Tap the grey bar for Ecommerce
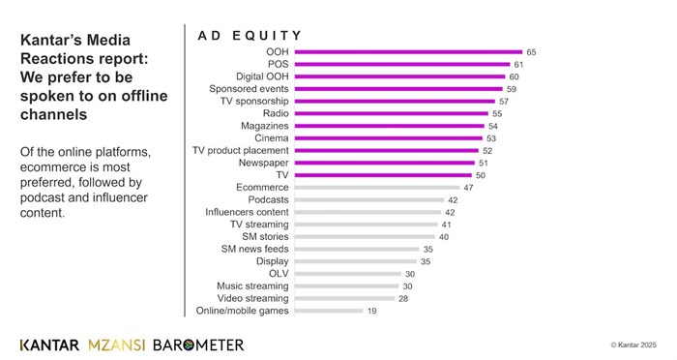(376, 187)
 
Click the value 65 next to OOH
(531, 51)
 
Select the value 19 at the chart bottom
(371, 311)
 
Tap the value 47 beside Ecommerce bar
(469, 187)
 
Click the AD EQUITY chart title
(250, 36)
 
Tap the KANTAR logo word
(50, 345)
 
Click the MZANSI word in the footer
(117, 345)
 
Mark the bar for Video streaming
(343, 298)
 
